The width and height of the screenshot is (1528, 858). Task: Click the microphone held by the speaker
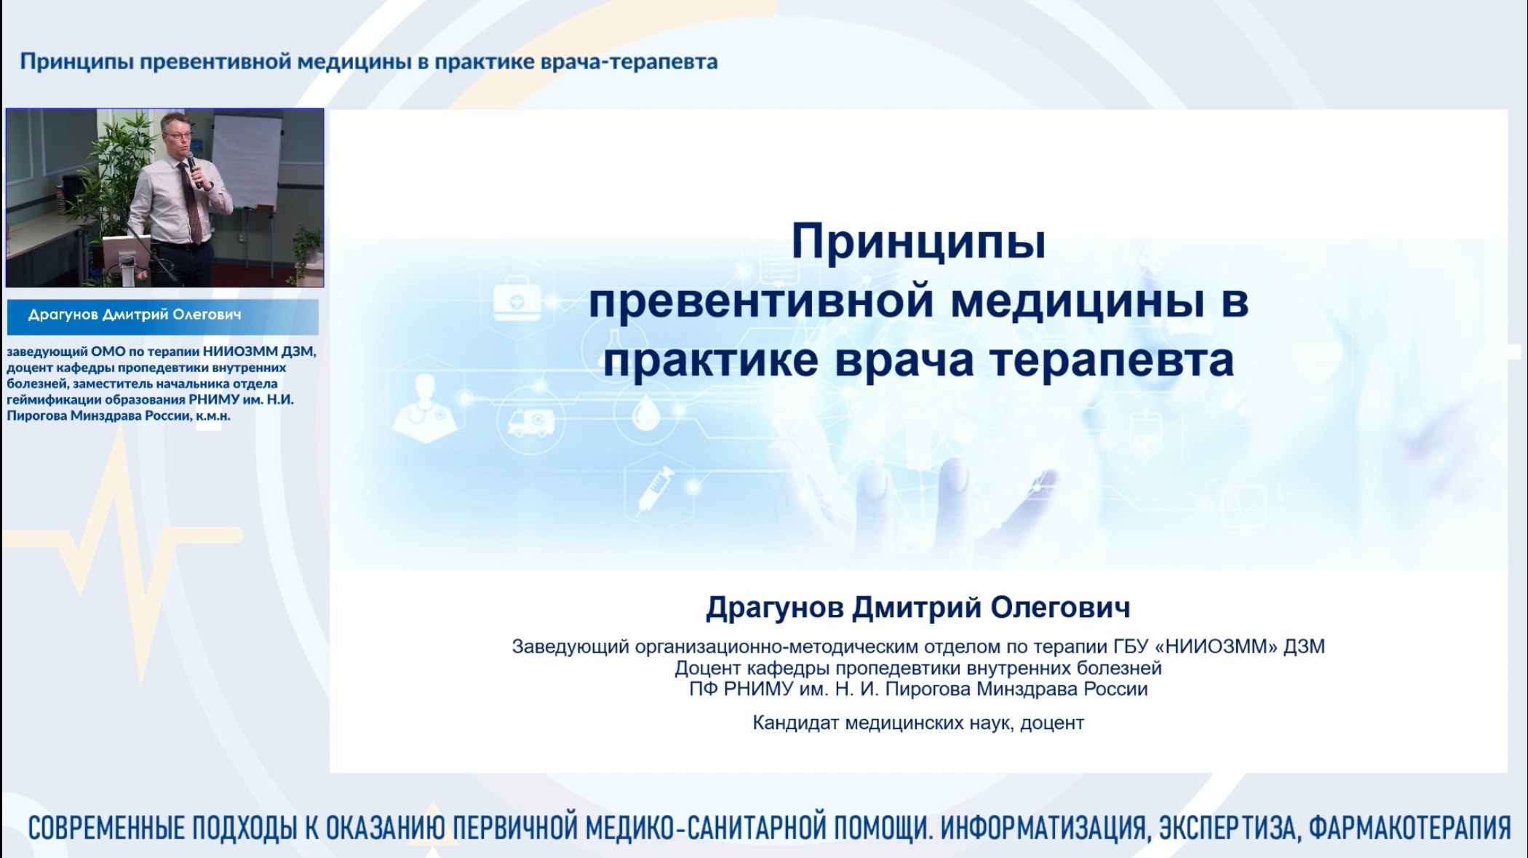point(191,167)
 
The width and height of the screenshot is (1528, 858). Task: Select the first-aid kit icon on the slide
point(517,301)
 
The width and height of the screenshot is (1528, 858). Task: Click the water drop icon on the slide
point(645,414)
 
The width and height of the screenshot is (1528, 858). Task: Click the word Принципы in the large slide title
point(918,242)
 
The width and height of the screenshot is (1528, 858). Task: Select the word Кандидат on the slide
point(795,723)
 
